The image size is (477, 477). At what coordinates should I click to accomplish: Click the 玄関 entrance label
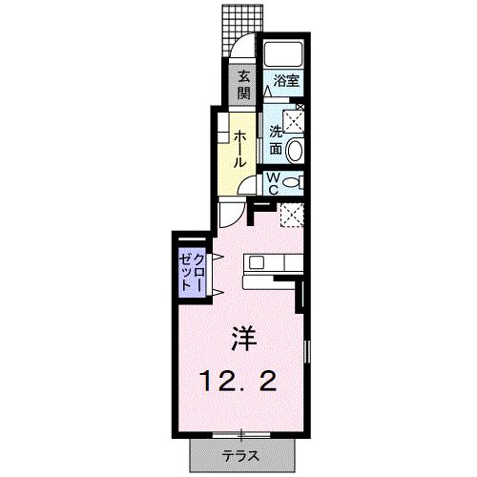click(x=243, y=85)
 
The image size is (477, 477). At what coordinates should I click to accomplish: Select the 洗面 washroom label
click(x=276, y=140)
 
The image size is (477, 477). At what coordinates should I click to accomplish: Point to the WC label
click(x=272, y=180)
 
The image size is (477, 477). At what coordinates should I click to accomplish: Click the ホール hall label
click(x=239, y=148)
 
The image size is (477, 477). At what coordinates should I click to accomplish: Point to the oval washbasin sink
click(x=295, y=150)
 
